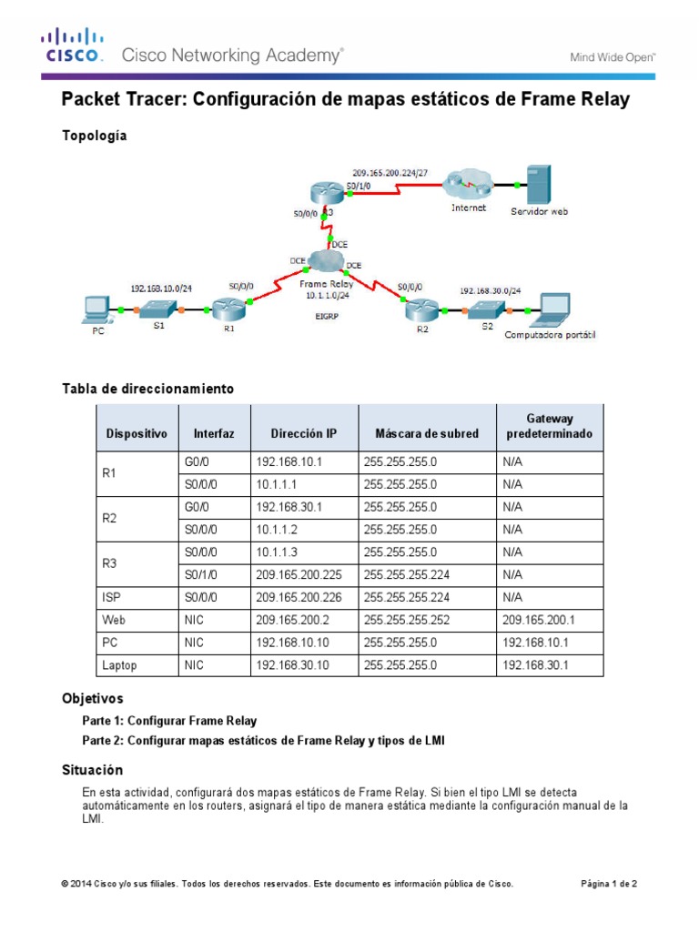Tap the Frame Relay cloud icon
click(323, 263)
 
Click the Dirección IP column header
click(304, 434)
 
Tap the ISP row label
click(109, 598)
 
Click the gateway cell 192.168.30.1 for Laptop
click(534, 665)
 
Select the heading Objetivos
click(92, 699)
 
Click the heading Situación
click(91, 770)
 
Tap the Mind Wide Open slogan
click(613, 56)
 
